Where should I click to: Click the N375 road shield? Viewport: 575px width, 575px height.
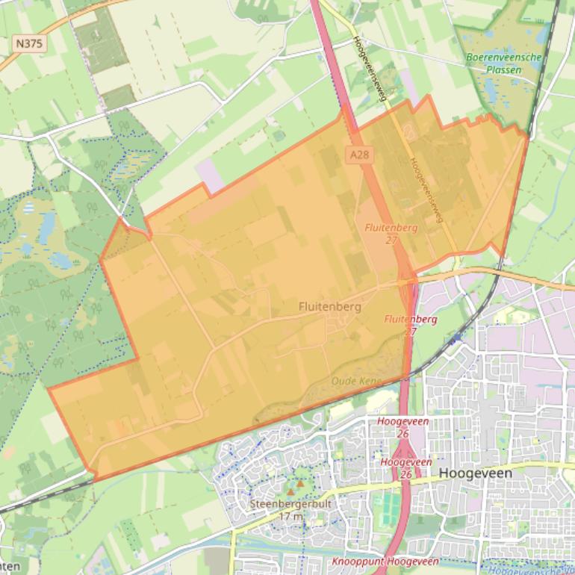[29, 43]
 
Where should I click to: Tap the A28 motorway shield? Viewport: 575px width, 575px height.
[359, 154]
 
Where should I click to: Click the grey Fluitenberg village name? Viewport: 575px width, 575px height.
[329, 306]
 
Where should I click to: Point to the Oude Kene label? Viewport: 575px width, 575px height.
[356, 381]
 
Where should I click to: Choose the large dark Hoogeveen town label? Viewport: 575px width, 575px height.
[476, 473]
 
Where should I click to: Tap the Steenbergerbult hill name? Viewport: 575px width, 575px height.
[290, 503]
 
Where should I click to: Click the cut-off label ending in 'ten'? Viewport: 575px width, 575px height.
[9, 566]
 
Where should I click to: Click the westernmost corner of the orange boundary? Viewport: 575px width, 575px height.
[49, 388]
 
